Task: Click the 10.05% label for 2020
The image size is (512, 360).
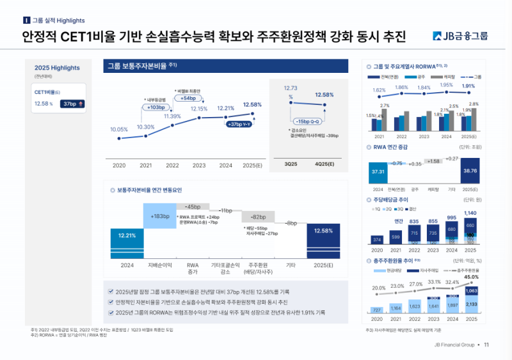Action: (x=119, y=129)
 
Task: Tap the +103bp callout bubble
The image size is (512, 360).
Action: (x=156, y=107)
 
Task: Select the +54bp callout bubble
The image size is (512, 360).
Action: (x=189, y=98)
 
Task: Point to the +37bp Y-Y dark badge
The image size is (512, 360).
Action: (x=238, y=124)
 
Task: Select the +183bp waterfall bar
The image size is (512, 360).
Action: (x=160, y=215)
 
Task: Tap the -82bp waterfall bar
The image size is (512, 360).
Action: (x=258, y=216)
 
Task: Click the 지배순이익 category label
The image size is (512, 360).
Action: (x=160, y=265)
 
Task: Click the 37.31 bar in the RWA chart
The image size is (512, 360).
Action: (x=378, y=172)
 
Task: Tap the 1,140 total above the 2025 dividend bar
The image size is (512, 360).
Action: (x=470, y=213)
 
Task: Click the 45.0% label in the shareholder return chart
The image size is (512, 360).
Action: (x=471, y=277)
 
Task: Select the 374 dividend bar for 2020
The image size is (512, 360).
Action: (x=378, y=240)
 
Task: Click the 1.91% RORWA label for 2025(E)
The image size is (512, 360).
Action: (x=468, y=86)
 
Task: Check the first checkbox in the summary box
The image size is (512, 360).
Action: (x=111, y=291)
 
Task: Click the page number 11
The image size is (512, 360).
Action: (x=486, y=345)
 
